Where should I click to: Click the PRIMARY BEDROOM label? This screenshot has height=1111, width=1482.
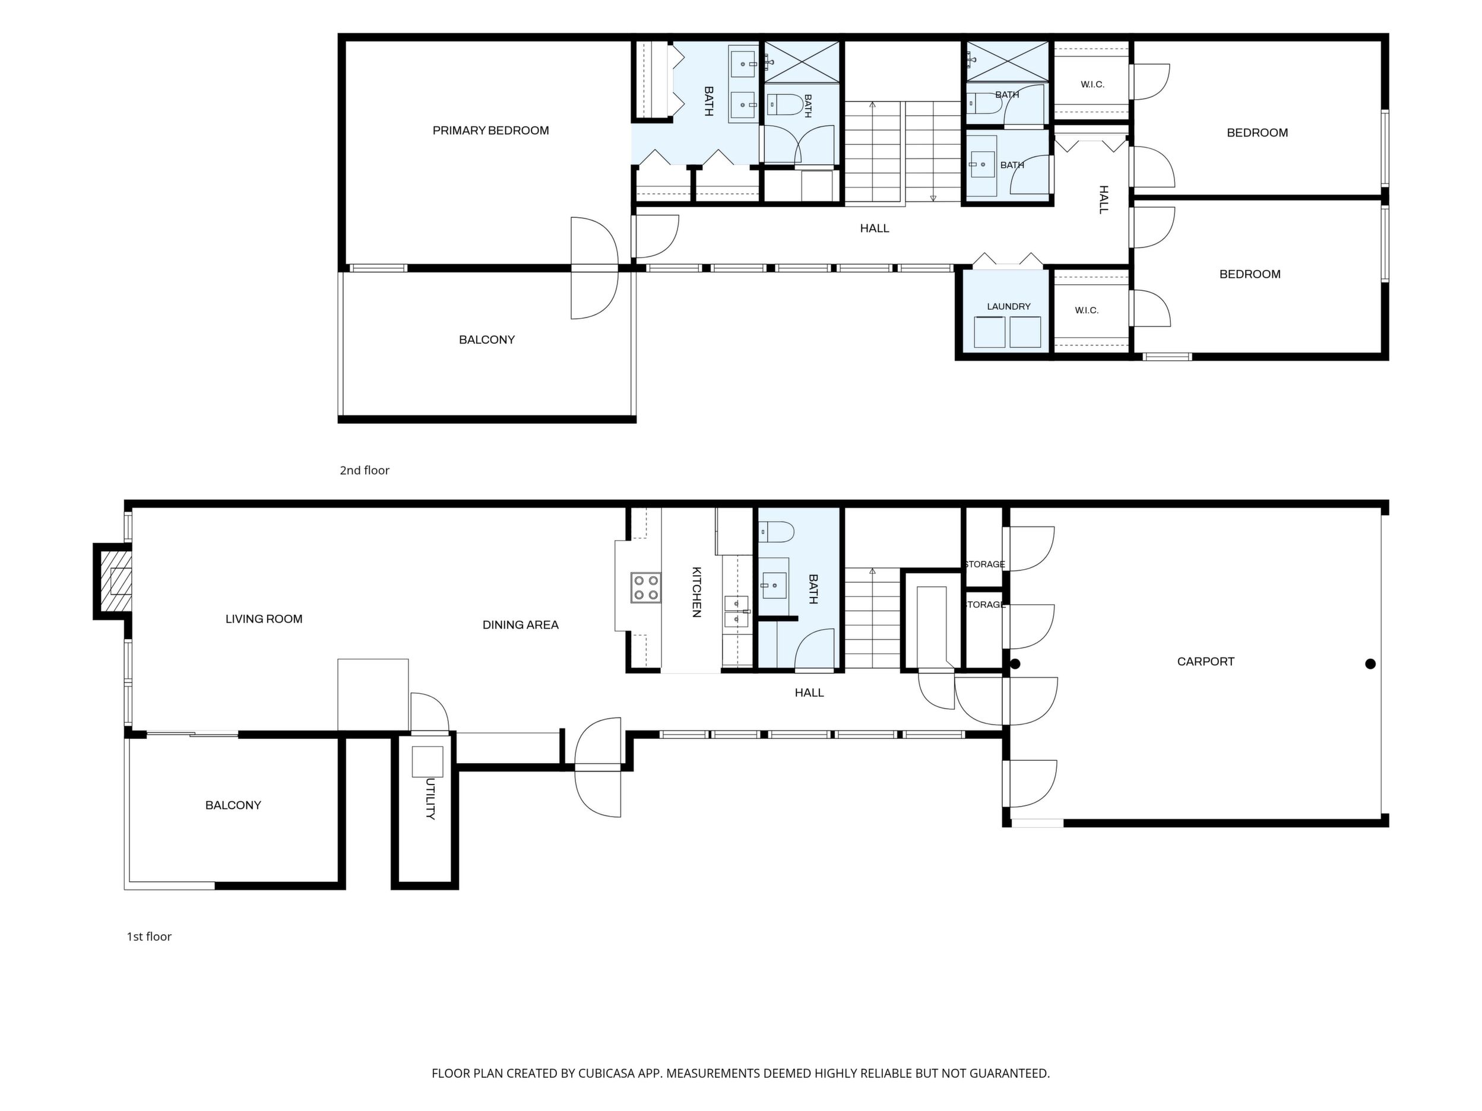click(x=490, y=131)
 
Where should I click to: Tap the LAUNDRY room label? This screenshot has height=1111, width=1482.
click(x=1008, y=307)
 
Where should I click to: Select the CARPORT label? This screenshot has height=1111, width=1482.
click(x=1205, y=662)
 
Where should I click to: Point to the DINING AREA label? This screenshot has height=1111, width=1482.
click(x=520, y=625)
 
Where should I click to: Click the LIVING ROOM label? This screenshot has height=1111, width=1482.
click(x=264, y=619)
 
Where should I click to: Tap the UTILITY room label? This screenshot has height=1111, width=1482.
click(x=430, y=799)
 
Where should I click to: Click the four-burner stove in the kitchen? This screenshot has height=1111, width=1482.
click(x=645, y=588)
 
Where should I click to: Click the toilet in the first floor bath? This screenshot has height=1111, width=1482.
click(x=777, y=532)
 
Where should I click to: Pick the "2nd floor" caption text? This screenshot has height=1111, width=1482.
click(x=365, y=471)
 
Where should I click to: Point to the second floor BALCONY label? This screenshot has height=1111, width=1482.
click(x=486, y=340)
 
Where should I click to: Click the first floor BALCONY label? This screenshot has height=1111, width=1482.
click(x=233, y=805)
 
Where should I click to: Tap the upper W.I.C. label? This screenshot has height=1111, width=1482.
click(x=1092, y=84)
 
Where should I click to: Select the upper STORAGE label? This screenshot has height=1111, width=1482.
click(x=984, y=564)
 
